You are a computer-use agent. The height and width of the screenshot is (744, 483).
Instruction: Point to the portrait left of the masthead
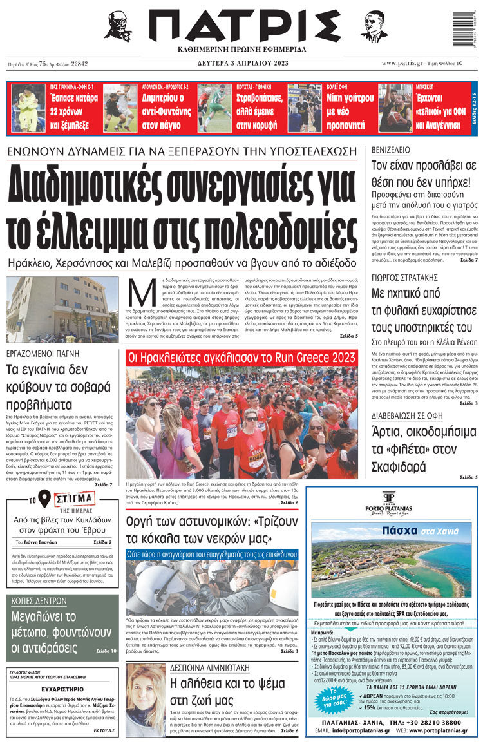(117, 26)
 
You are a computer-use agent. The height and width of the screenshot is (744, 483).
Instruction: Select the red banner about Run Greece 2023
(241, 357)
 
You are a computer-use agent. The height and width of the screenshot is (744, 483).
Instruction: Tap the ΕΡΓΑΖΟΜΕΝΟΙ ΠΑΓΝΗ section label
(43, 353)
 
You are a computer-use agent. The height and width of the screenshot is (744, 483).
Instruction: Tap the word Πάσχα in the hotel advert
(401, 531)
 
